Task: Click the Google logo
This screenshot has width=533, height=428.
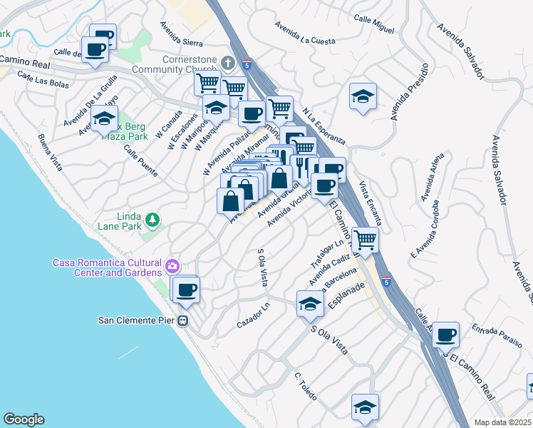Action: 24,419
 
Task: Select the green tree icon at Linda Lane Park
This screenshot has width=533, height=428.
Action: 151,218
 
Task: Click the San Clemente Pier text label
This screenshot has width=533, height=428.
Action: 137,320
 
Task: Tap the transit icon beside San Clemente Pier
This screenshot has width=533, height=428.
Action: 183,320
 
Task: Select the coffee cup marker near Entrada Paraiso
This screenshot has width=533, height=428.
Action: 446,334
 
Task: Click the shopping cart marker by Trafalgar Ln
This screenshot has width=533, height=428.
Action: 364,240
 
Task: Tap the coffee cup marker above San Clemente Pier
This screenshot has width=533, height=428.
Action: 187,290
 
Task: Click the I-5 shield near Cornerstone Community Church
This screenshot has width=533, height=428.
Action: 247,63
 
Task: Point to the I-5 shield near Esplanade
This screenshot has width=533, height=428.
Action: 385,280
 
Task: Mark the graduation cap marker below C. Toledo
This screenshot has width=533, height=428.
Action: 365,407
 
